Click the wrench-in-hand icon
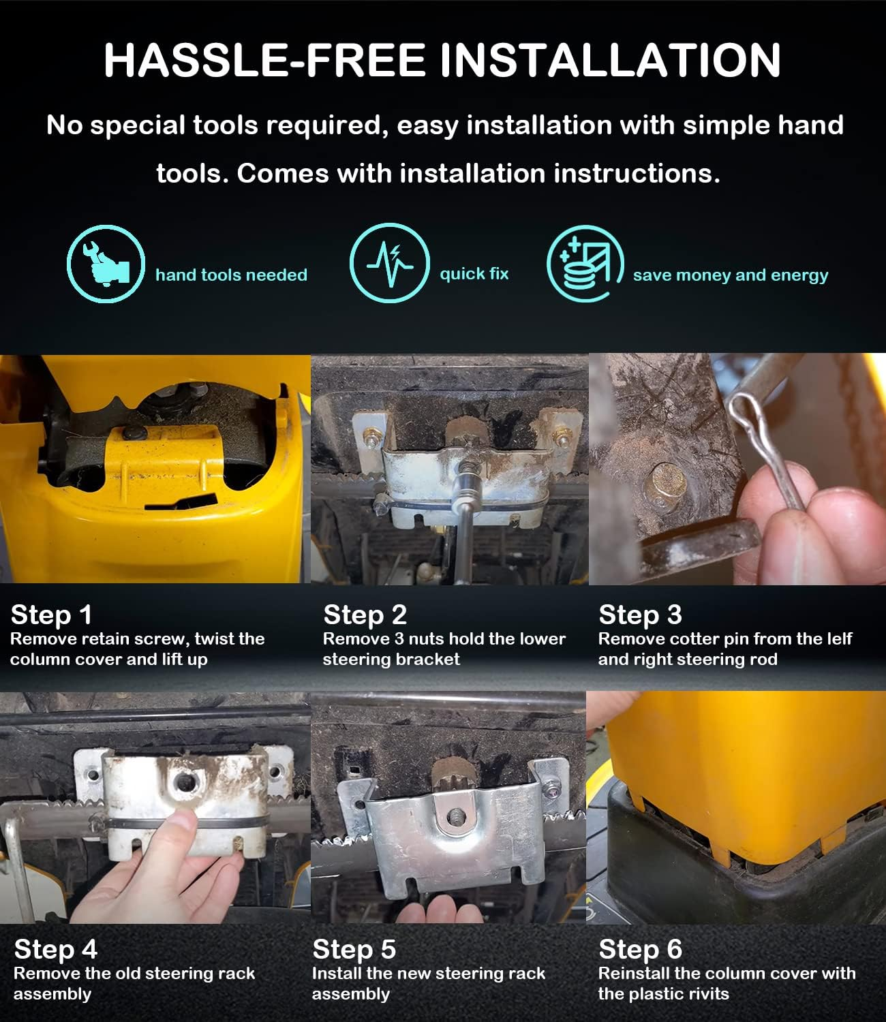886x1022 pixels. tap(106, 264)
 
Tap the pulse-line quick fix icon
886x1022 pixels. tap(390, 262)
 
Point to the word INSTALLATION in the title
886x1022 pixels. tap(611, 61)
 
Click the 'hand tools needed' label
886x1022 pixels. tap(232, 275)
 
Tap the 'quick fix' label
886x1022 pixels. tap(474, 274)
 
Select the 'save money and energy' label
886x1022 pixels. tap(731, 275)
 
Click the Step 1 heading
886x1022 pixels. tap(51, 615)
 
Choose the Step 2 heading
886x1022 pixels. tap(365, 615)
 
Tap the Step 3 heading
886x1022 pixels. tap(640, 615)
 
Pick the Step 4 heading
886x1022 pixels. tap(55, 950)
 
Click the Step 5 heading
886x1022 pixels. tap(354, 950)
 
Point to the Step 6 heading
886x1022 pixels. tap(640, 950)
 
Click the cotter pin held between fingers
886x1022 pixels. tap(764, 448)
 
